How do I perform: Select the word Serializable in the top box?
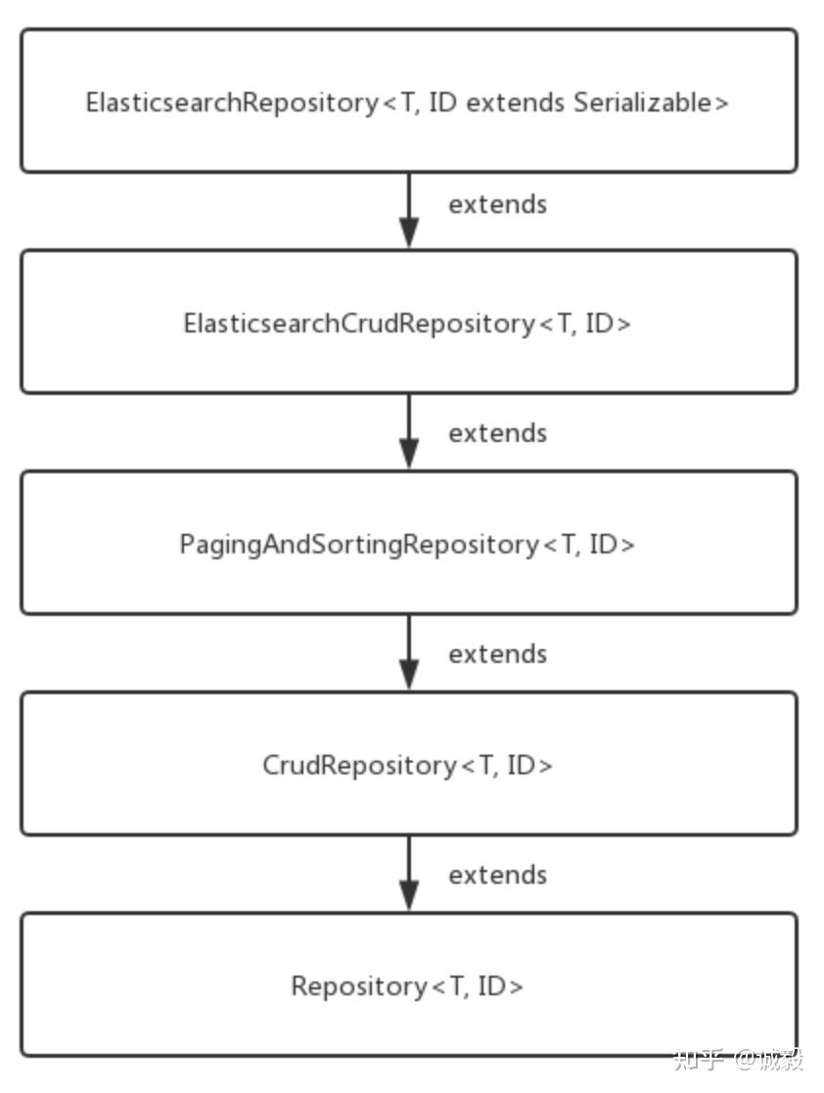click(651, 103)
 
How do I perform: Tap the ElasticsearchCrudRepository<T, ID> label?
click(407, 324)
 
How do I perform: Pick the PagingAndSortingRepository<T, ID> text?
click(407, 545)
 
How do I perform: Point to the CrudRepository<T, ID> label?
click(407, 765)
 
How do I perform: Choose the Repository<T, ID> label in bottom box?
click(407, 986)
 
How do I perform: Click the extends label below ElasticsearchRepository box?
click(497, 204)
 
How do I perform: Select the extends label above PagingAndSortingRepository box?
click(497, 433)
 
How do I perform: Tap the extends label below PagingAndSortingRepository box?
click(497, 654)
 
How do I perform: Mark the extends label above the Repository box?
click(497, 875)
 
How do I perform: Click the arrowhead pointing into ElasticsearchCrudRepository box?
click(409, 233)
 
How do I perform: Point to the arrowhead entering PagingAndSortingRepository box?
click(409, 454)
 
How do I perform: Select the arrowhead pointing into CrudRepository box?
click(409, 675)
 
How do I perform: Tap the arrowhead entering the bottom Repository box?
click(409, 896)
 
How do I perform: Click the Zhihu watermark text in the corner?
click(739, 1060)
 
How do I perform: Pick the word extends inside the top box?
click(516, 103)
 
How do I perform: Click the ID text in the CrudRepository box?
click(525, 765)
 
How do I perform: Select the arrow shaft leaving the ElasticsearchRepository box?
click(409, 196)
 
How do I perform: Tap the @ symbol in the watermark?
click(747, 1060)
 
